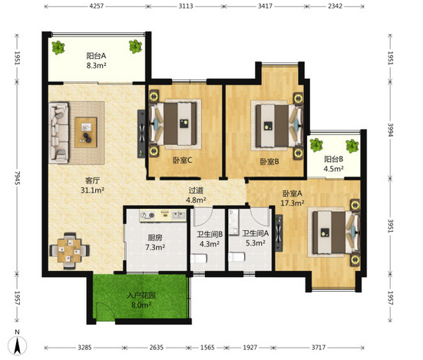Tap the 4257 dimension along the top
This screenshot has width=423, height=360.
pos(97,6)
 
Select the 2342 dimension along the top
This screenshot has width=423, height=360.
pos(335,6)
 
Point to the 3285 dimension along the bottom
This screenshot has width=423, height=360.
pos(84,347)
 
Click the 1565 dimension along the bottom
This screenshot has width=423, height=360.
pos(207,347)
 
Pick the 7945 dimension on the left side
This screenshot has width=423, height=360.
pos(17,178)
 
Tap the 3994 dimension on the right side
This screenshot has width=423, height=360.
pos(391,130)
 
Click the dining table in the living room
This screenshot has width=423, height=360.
pos(69,251)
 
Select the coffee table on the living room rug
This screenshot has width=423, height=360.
pos(86,132)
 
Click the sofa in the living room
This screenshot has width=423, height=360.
pos(58,133)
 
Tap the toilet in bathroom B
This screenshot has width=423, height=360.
pos(199,259)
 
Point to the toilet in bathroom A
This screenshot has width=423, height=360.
pos(236,256)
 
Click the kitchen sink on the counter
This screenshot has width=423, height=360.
pos(179,215)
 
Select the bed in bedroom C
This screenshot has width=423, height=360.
pos(173,124)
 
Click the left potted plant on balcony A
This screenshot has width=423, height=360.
pos(58,48)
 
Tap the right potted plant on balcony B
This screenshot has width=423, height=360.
pos(352,146)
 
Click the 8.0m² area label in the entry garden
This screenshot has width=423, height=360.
pos(141,306)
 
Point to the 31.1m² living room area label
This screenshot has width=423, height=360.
pos(93,190)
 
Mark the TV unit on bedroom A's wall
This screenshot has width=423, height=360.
pos(279,233)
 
